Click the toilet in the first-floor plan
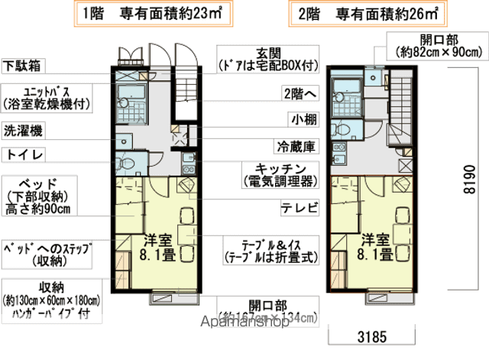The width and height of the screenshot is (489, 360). (x=127, y=163)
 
